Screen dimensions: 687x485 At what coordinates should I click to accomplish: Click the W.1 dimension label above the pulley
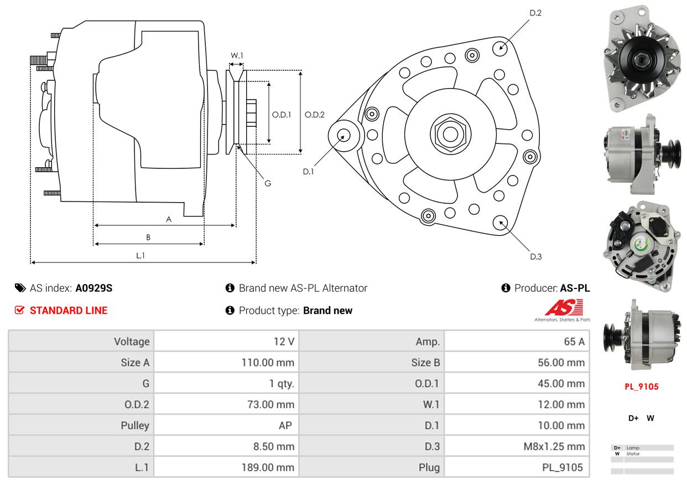(x=237, y=55)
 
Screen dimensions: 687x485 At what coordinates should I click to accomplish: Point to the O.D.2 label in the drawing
(x=314, y=115)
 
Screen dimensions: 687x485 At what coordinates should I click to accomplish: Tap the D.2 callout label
(x=535, y=13)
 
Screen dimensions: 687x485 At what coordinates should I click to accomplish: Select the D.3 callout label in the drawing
(x=536, y=257)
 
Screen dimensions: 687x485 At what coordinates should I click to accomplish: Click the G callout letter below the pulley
(x=268, y=184)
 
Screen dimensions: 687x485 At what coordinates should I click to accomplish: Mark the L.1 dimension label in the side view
(x=140, y=255)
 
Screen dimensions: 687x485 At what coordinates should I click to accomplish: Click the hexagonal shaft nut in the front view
(x=450, y=135)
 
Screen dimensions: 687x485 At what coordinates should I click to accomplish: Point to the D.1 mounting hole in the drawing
(x=343, y=136)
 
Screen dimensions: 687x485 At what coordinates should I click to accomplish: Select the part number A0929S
(x=94, y=288)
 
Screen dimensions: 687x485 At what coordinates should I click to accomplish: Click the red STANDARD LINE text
(x=69, y=311)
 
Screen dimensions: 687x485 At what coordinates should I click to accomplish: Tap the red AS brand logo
(x=564, y=308)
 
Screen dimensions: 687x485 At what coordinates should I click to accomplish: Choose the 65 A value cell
(x=517, y=342)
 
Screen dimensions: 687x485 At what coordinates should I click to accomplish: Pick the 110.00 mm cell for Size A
(x=226, y=363)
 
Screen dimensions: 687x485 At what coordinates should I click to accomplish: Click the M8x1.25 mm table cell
(x=517, y=446)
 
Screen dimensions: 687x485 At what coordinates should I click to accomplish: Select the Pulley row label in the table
(x=135, y=425)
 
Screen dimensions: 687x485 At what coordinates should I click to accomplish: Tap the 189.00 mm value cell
(x=226, y=467)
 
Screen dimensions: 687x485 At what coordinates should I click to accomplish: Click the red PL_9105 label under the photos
(x=642, y=386)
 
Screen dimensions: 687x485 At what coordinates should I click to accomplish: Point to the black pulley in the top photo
(x=641, y=59)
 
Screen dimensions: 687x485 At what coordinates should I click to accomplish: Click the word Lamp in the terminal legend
(x=633, y=448)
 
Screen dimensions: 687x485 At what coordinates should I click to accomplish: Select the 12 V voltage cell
(x=226, y=342)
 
